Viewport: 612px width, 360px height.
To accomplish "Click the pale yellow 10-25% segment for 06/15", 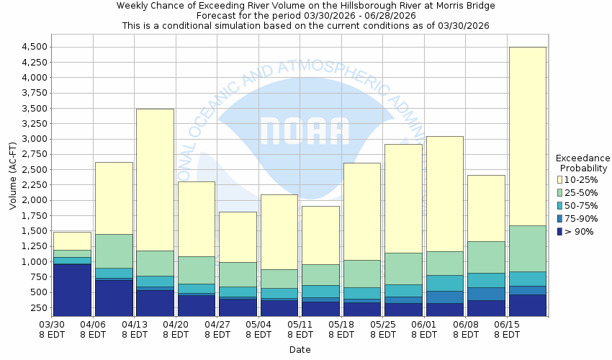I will click(527, 136).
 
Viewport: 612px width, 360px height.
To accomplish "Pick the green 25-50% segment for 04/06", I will click(114, 251).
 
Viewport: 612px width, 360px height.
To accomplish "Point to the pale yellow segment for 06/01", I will click(444, 194).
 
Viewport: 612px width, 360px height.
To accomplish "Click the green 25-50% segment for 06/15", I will click(527, 248).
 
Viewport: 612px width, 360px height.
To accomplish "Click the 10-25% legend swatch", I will click(560, 179).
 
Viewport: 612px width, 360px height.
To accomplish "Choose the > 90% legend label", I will click(580, 231).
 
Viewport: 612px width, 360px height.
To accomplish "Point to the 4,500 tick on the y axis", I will click(35, 47).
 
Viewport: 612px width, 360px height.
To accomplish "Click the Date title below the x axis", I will click(300, 349).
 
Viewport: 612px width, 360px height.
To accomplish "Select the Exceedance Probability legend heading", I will click(582, 163).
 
